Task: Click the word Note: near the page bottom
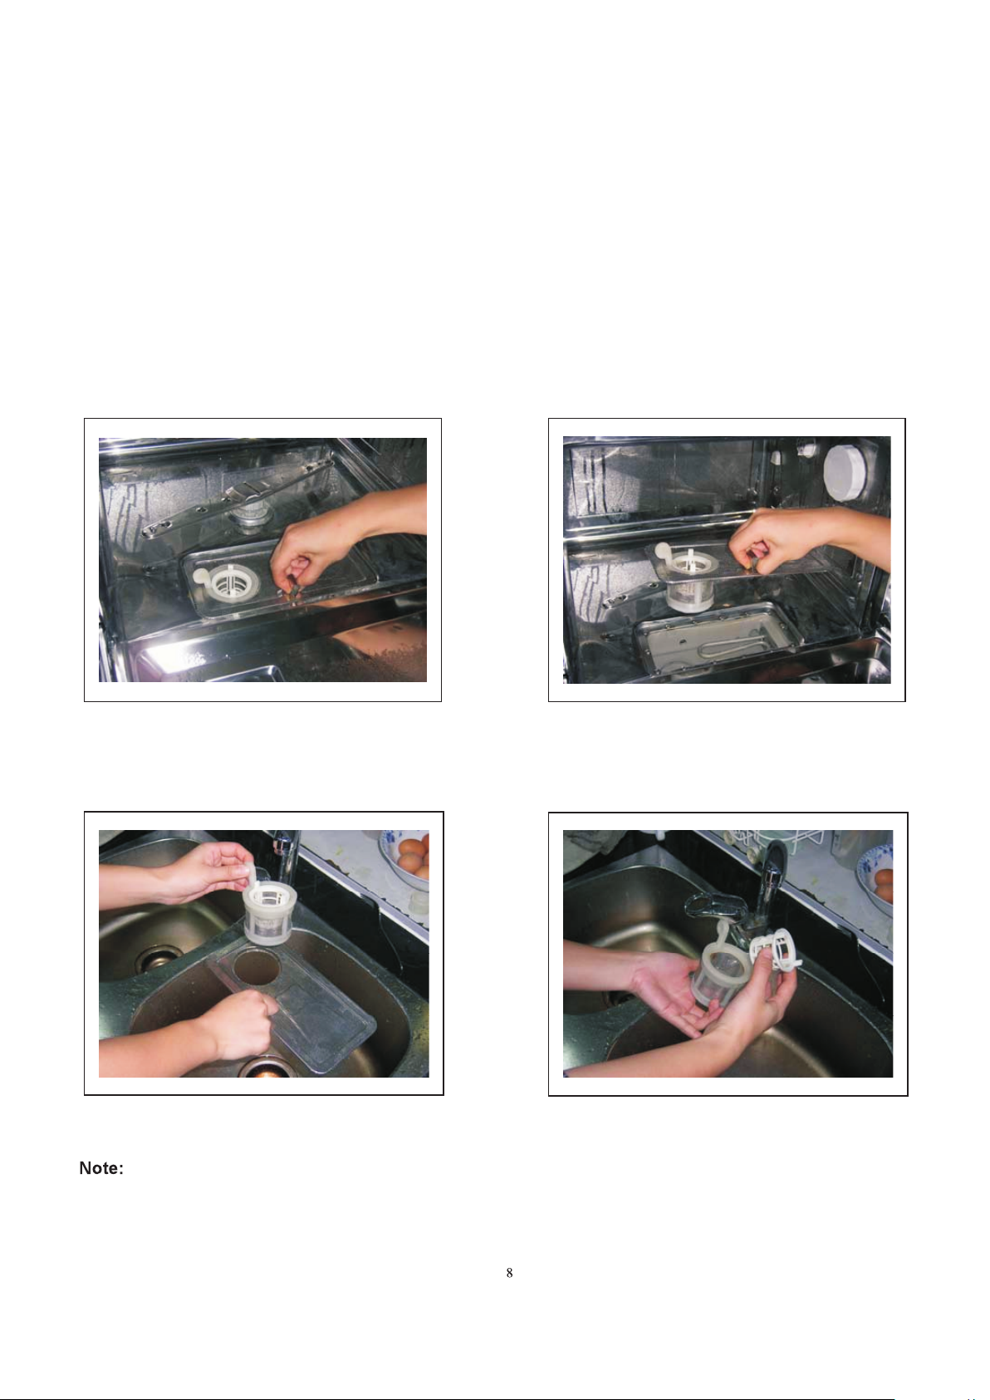point(101,1168)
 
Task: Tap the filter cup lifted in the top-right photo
point(689,579)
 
